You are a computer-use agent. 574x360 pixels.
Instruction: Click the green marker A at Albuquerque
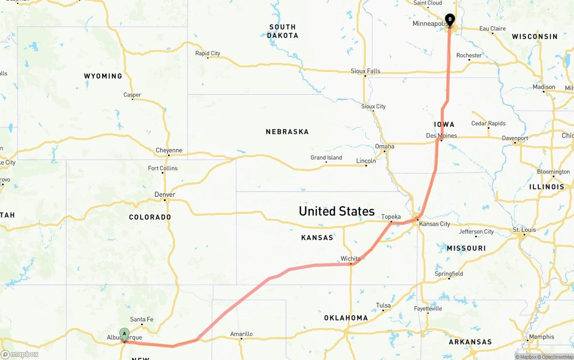pos(124,334)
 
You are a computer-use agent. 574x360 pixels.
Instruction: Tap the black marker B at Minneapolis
pos(449,20)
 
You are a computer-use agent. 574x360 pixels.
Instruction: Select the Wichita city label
pos(350,259)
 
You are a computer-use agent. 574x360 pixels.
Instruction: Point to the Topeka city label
pos(391,217)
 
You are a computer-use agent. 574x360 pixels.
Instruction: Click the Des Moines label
pos(441,135)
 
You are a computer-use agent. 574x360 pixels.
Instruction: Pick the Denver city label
pos(165,195)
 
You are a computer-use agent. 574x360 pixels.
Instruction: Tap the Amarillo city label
pos(241,334)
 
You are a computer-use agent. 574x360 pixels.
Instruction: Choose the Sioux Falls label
pos(365,71)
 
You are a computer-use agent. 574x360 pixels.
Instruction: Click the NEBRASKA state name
pos(287,132)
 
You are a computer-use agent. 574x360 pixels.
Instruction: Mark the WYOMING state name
pos(103,76)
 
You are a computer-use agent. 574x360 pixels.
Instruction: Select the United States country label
pos(336,211)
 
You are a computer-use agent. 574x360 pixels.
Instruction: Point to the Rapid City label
pos(208,53)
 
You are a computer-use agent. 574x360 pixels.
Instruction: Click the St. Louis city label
pos(524,230)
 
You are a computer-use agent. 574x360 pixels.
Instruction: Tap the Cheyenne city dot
pos(169,155)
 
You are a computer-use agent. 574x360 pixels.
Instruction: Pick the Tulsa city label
pos(383,305)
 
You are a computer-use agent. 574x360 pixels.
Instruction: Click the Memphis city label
pos(538,337)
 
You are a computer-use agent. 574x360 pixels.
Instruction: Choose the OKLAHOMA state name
pos(346,318)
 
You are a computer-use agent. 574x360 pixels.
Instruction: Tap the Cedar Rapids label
pos(488,123)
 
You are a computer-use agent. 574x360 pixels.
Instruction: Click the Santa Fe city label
pos(142,319)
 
